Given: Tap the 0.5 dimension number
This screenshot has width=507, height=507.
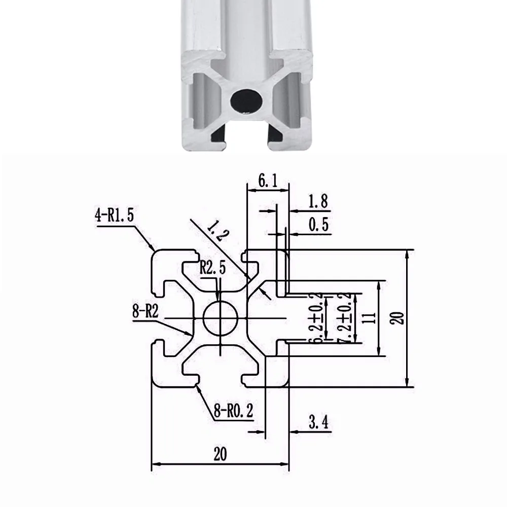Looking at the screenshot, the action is [318, 224].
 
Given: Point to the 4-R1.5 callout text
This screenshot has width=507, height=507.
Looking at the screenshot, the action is [114, 216].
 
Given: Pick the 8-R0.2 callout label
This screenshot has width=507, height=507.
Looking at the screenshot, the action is [233, 412].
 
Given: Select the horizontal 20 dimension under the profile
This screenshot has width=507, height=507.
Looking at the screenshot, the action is [220, 454].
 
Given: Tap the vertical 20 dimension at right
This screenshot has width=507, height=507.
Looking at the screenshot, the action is [399, 318].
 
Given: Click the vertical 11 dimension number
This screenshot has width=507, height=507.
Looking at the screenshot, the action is [370, 318].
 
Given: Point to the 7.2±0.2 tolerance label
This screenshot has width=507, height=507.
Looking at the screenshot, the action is [348, 318].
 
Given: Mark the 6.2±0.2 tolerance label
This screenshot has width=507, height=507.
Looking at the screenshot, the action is [318, 318].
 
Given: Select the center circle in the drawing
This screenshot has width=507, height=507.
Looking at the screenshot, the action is [221, 318].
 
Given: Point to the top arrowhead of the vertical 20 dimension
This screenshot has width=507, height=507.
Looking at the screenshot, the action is [408, 254].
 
